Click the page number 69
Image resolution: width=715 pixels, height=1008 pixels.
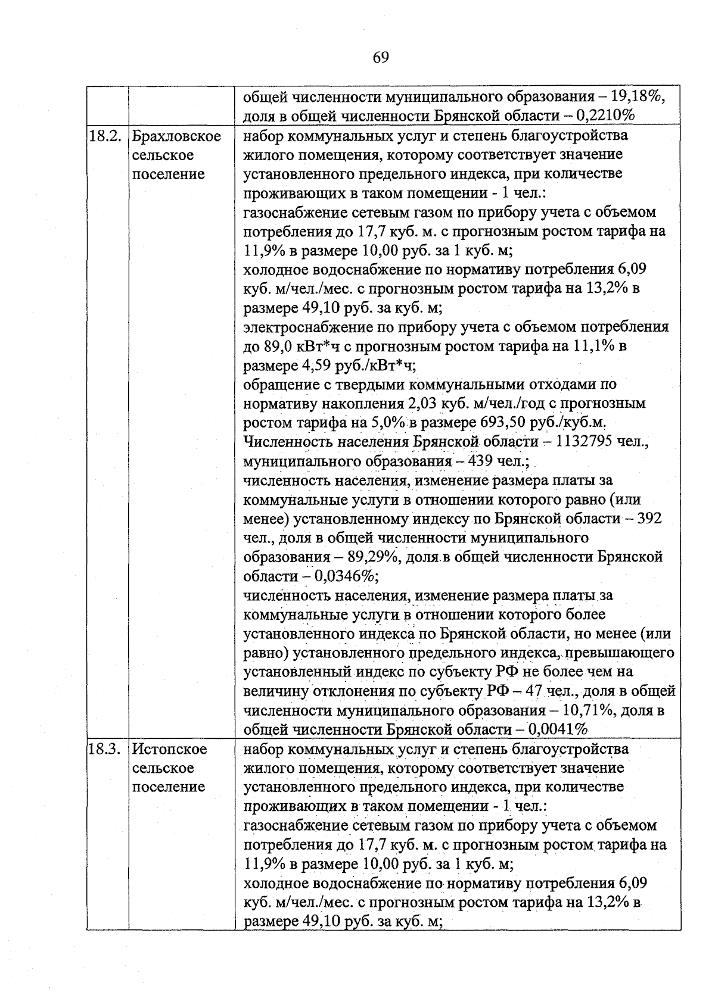381,57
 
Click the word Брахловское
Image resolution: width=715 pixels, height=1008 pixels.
176,136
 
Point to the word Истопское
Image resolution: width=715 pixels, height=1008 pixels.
169,749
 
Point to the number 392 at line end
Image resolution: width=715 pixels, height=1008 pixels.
649,519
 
